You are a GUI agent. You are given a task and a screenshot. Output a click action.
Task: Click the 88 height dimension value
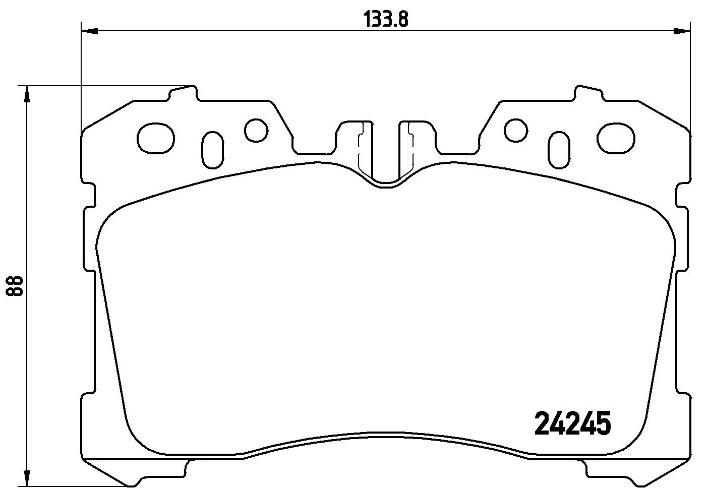coord(15,285)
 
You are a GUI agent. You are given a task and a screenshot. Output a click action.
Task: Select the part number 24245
coord(572,423)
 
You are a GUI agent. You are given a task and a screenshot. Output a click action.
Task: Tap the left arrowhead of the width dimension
coord(90,31)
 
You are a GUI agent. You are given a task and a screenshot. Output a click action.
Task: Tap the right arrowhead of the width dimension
coord(681,31)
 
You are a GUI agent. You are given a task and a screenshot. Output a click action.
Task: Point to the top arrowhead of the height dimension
coord(27,94)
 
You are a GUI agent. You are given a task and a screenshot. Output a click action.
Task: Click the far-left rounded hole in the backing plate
coord(156,138)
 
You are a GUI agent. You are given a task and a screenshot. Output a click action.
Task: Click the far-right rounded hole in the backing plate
coord(616,138)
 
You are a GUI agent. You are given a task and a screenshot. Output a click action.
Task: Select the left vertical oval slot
coord(213,150)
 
